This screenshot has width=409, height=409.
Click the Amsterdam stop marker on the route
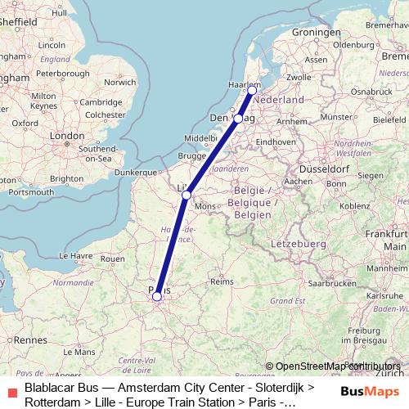pyautogui.click(x=251, y=91)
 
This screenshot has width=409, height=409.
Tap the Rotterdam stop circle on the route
pyautogui.click(x=238, y=119)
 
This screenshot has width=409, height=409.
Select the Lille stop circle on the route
pyautogui.click(x=187, y=195)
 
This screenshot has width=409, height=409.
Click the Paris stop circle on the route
pyautogui.click(x=157, y=297)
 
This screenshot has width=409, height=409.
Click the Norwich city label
pyautogui.click(x=120, y=82)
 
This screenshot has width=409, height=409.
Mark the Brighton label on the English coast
pyautogui.click(x=66, y=178)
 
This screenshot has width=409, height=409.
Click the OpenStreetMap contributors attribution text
pyautogui.click(x=332, y=366)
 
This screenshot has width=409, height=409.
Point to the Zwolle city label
pyautogui.click(x=297, y=78)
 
